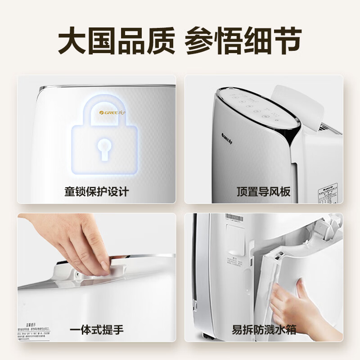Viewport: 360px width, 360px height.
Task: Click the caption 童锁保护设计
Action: [96, 192]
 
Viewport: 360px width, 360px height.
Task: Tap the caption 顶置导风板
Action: [264, 192]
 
